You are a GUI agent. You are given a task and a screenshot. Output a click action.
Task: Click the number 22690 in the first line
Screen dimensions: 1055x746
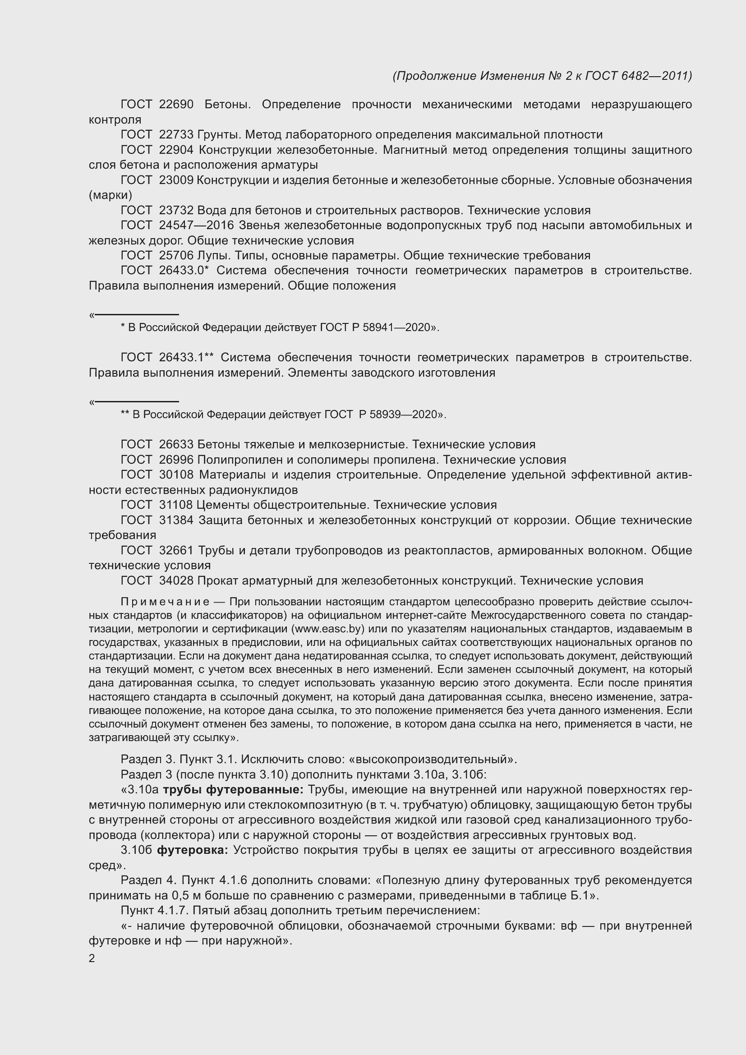176,104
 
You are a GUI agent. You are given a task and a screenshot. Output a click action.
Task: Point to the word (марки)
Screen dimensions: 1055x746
110,195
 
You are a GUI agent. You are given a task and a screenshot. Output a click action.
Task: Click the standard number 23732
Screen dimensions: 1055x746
176,211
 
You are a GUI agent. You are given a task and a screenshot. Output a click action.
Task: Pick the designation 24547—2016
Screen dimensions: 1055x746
197,226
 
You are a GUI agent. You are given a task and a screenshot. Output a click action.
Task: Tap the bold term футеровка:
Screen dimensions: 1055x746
193,850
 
